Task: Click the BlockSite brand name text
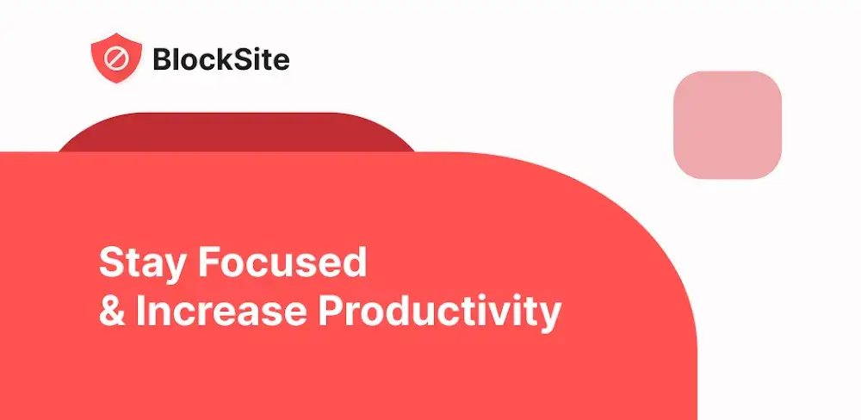(220, 59)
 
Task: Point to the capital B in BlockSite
(162, 59)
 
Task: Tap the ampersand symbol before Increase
(111, 312)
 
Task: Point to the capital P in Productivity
(331, 312)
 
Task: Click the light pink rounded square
(727, 125)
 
